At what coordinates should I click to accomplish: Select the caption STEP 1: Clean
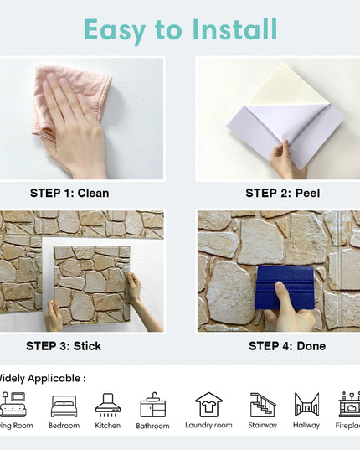(x=69, y=194)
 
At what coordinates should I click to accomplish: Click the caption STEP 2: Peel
(x=283, y=194)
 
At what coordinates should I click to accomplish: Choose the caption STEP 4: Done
(x=287, y=346)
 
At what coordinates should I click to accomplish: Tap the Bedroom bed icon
(x=64, y=406)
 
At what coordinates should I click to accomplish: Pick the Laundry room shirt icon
(x=208, y=405)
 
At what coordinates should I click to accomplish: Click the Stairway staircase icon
(x=263, y=405)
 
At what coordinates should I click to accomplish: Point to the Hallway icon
(x=306, y=405)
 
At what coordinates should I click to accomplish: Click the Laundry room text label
(x=208, y=426)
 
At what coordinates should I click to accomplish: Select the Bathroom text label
(x=152, y=426)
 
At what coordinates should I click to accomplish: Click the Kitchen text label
(x=108, y=426)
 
